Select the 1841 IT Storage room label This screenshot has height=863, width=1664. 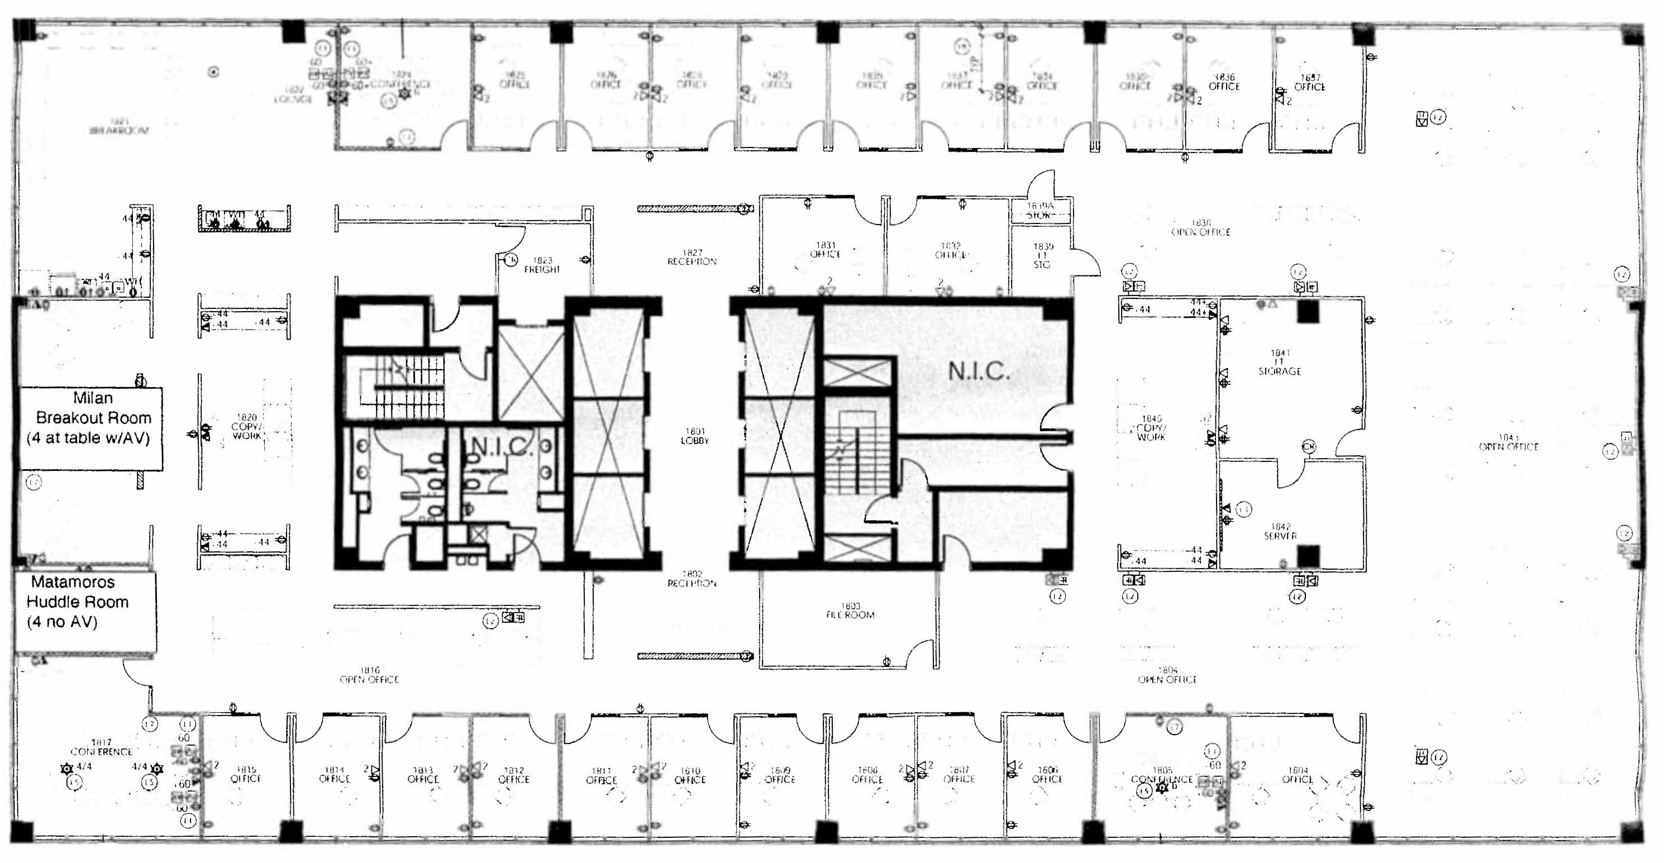[1279, 363]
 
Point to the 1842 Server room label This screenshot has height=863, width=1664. [1280, 531]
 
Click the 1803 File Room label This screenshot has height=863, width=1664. [850, 611]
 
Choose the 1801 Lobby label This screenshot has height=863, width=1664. [694, 436]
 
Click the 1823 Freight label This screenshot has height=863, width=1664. [541, 265]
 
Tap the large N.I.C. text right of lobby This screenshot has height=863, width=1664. [978, 371]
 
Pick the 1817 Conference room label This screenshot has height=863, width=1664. [102, 747]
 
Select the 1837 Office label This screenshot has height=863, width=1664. [1309, 82]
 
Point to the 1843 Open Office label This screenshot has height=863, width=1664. [1508, 442]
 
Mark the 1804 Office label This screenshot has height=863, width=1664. [1297, 775]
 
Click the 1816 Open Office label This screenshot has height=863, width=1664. [369, 675]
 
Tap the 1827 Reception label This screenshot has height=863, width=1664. [692, 257]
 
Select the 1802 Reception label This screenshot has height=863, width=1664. [692, 578]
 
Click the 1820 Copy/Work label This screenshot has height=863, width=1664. [247, 427]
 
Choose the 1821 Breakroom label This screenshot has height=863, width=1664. [119, 126]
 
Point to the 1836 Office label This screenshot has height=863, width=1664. [1223, 82]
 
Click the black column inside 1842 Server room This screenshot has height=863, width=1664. [1308, 556]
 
